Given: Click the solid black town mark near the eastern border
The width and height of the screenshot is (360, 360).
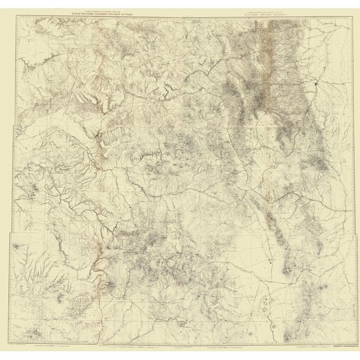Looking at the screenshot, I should pos(317,82).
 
